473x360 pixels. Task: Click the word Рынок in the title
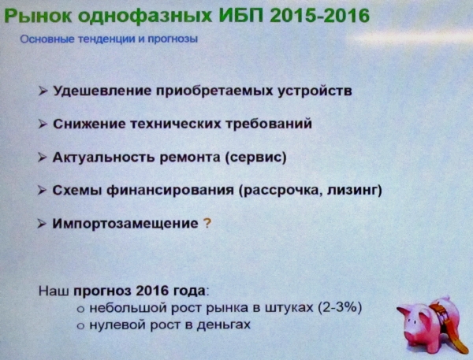coord(39,16)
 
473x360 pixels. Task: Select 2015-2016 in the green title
coord(320,16)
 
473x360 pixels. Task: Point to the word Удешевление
coord(102,91)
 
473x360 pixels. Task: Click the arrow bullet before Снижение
coord(43,124)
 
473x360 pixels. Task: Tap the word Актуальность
coord(104,158)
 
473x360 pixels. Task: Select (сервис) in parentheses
coord(255,158)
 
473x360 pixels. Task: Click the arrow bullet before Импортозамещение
coord(42,224)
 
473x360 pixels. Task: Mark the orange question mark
coord(207,224)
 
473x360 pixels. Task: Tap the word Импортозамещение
coord(125,224)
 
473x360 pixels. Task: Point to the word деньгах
coord(224,325)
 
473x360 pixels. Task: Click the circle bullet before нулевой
coord(80,326)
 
